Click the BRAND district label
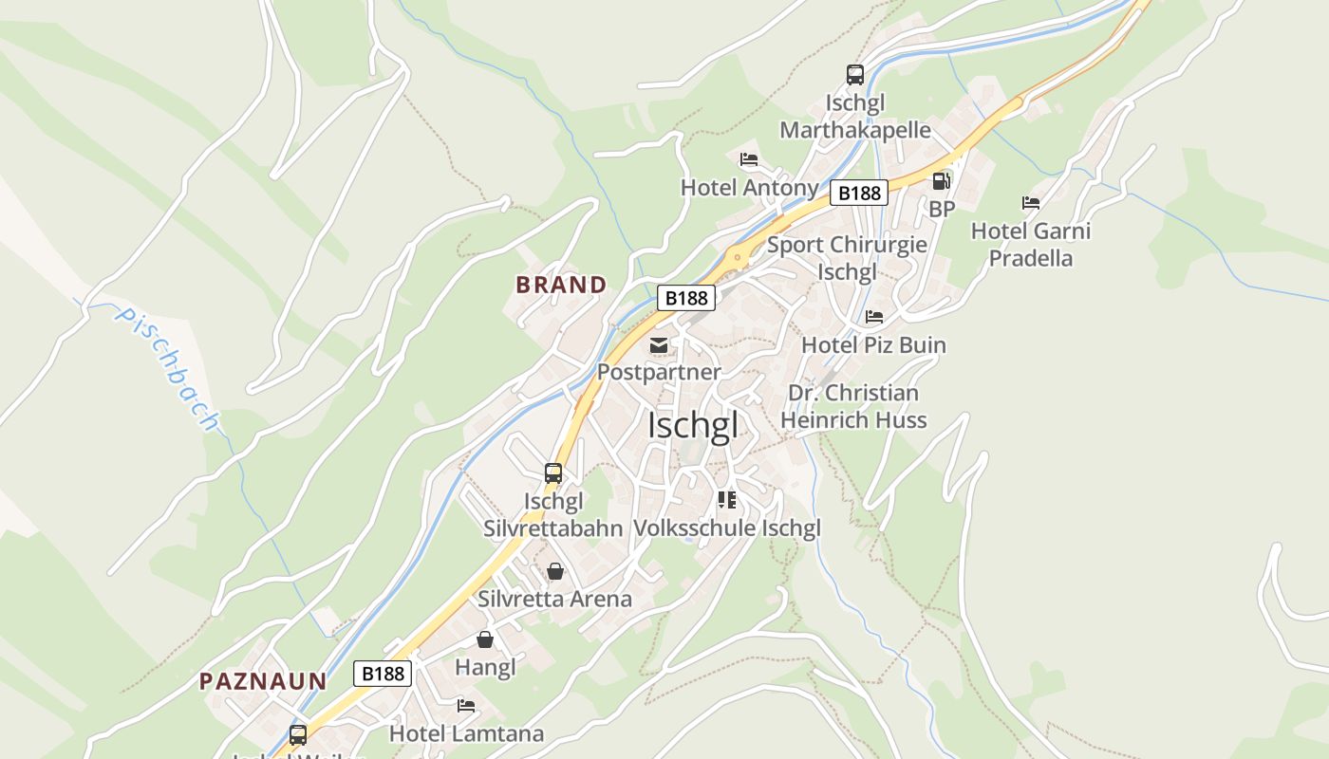(561, 285)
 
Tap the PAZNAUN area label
(263, 680)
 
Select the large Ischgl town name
(692, 426)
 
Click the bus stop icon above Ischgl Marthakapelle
(854, 75)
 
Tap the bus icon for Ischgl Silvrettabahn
(552, 472)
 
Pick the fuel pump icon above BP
(941, 180)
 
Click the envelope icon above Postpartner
(658, 345)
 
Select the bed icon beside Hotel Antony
(749, 159)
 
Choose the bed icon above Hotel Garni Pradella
(1030, 203)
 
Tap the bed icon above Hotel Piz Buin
(873, 317)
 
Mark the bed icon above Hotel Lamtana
(465, 706)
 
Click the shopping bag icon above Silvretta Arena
(554, 571)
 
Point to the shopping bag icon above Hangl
(484, 639)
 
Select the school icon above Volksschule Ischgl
(727, 500)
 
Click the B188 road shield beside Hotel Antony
(858, 194)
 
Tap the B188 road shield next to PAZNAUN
(384, 674)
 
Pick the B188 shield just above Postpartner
(686, 298)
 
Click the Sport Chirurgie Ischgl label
(847, 258)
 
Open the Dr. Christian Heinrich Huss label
(853, 406)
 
